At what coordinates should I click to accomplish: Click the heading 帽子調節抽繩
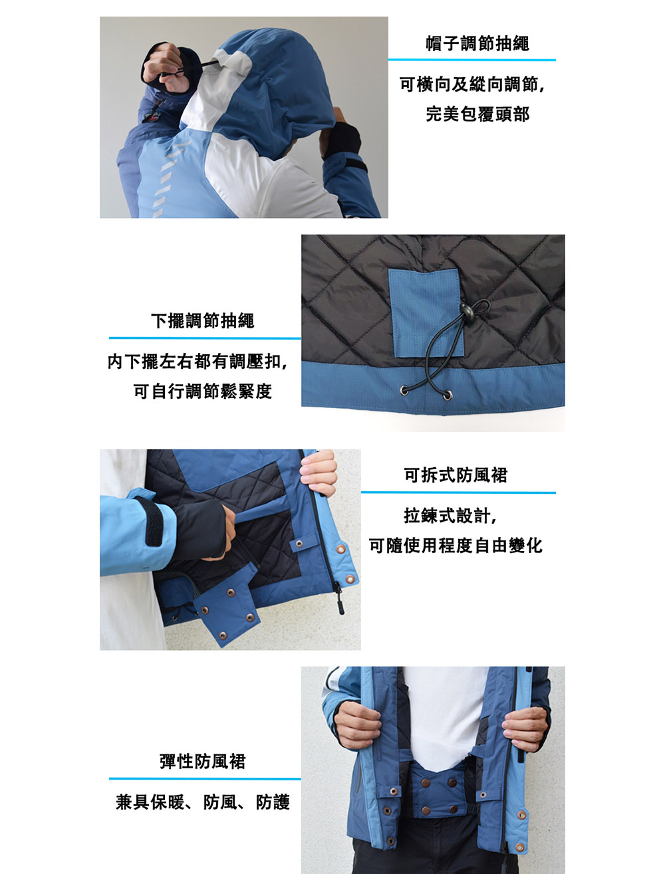pos(477,43)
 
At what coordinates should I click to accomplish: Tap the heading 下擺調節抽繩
pos(202,320)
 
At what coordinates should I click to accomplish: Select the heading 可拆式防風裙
pos(456,475)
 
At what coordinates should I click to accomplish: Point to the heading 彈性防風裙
pos(202,761)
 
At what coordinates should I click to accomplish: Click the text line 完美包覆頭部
pos(477,114)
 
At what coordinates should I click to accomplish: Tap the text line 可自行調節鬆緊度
pos(202,391)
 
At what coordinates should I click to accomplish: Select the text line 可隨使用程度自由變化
pos(456,545)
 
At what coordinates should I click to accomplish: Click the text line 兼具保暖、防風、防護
pos(202,802)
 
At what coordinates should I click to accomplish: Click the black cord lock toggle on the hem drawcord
pos(466,310)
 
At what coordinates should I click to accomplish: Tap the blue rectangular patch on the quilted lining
pos(426,312)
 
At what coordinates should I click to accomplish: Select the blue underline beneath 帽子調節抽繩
pos(472,60)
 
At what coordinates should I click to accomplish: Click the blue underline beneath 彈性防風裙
pos(205,778)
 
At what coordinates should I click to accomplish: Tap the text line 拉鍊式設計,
pos(450,515)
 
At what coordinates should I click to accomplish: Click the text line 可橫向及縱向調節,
pos(472,84)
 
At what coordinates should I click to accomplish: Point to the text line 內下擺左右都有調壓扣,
pos(198,361)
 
